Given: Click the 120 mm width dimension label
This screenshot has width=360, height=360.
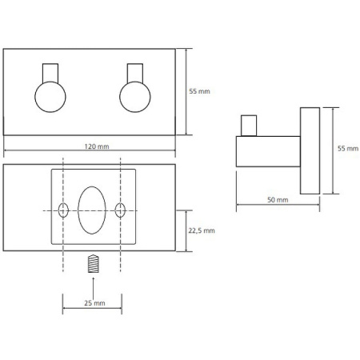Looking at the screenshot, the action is (97, 146).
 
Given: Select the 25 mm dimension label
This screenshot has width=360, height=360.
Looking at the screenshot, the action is (94, 303).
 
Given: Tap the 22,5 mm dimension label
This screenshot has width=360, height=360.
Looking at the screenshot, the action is (202, 230).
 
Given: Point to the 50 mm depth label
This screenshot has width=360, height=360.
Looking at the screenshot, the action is (278, 200).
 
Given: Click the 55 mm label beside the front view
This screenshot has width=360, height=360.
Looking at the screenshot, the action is (199, 91).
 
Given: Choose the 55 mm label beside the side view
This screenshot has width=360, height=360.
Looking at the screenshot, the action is (348, 148).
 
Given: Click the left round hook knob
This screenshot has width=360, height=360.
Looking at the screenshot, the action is (50, 97).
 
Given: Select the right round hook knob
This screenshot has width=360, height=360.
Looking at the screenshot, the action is (135, 97).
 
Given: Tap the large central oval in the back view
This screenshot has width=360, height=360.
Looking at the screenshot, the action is (92, 210).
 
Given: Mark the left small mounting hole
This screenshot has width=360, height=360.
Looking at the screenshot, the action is (63, 210).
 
